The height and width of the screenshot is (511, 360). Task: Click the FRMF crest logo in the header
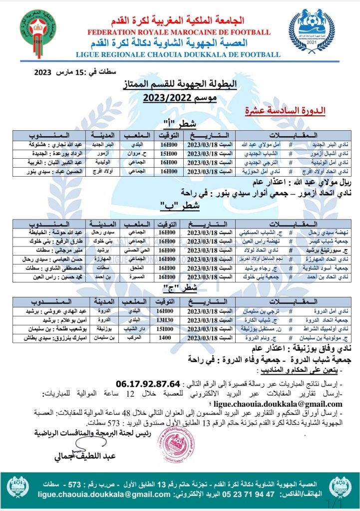coord(38,29)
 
